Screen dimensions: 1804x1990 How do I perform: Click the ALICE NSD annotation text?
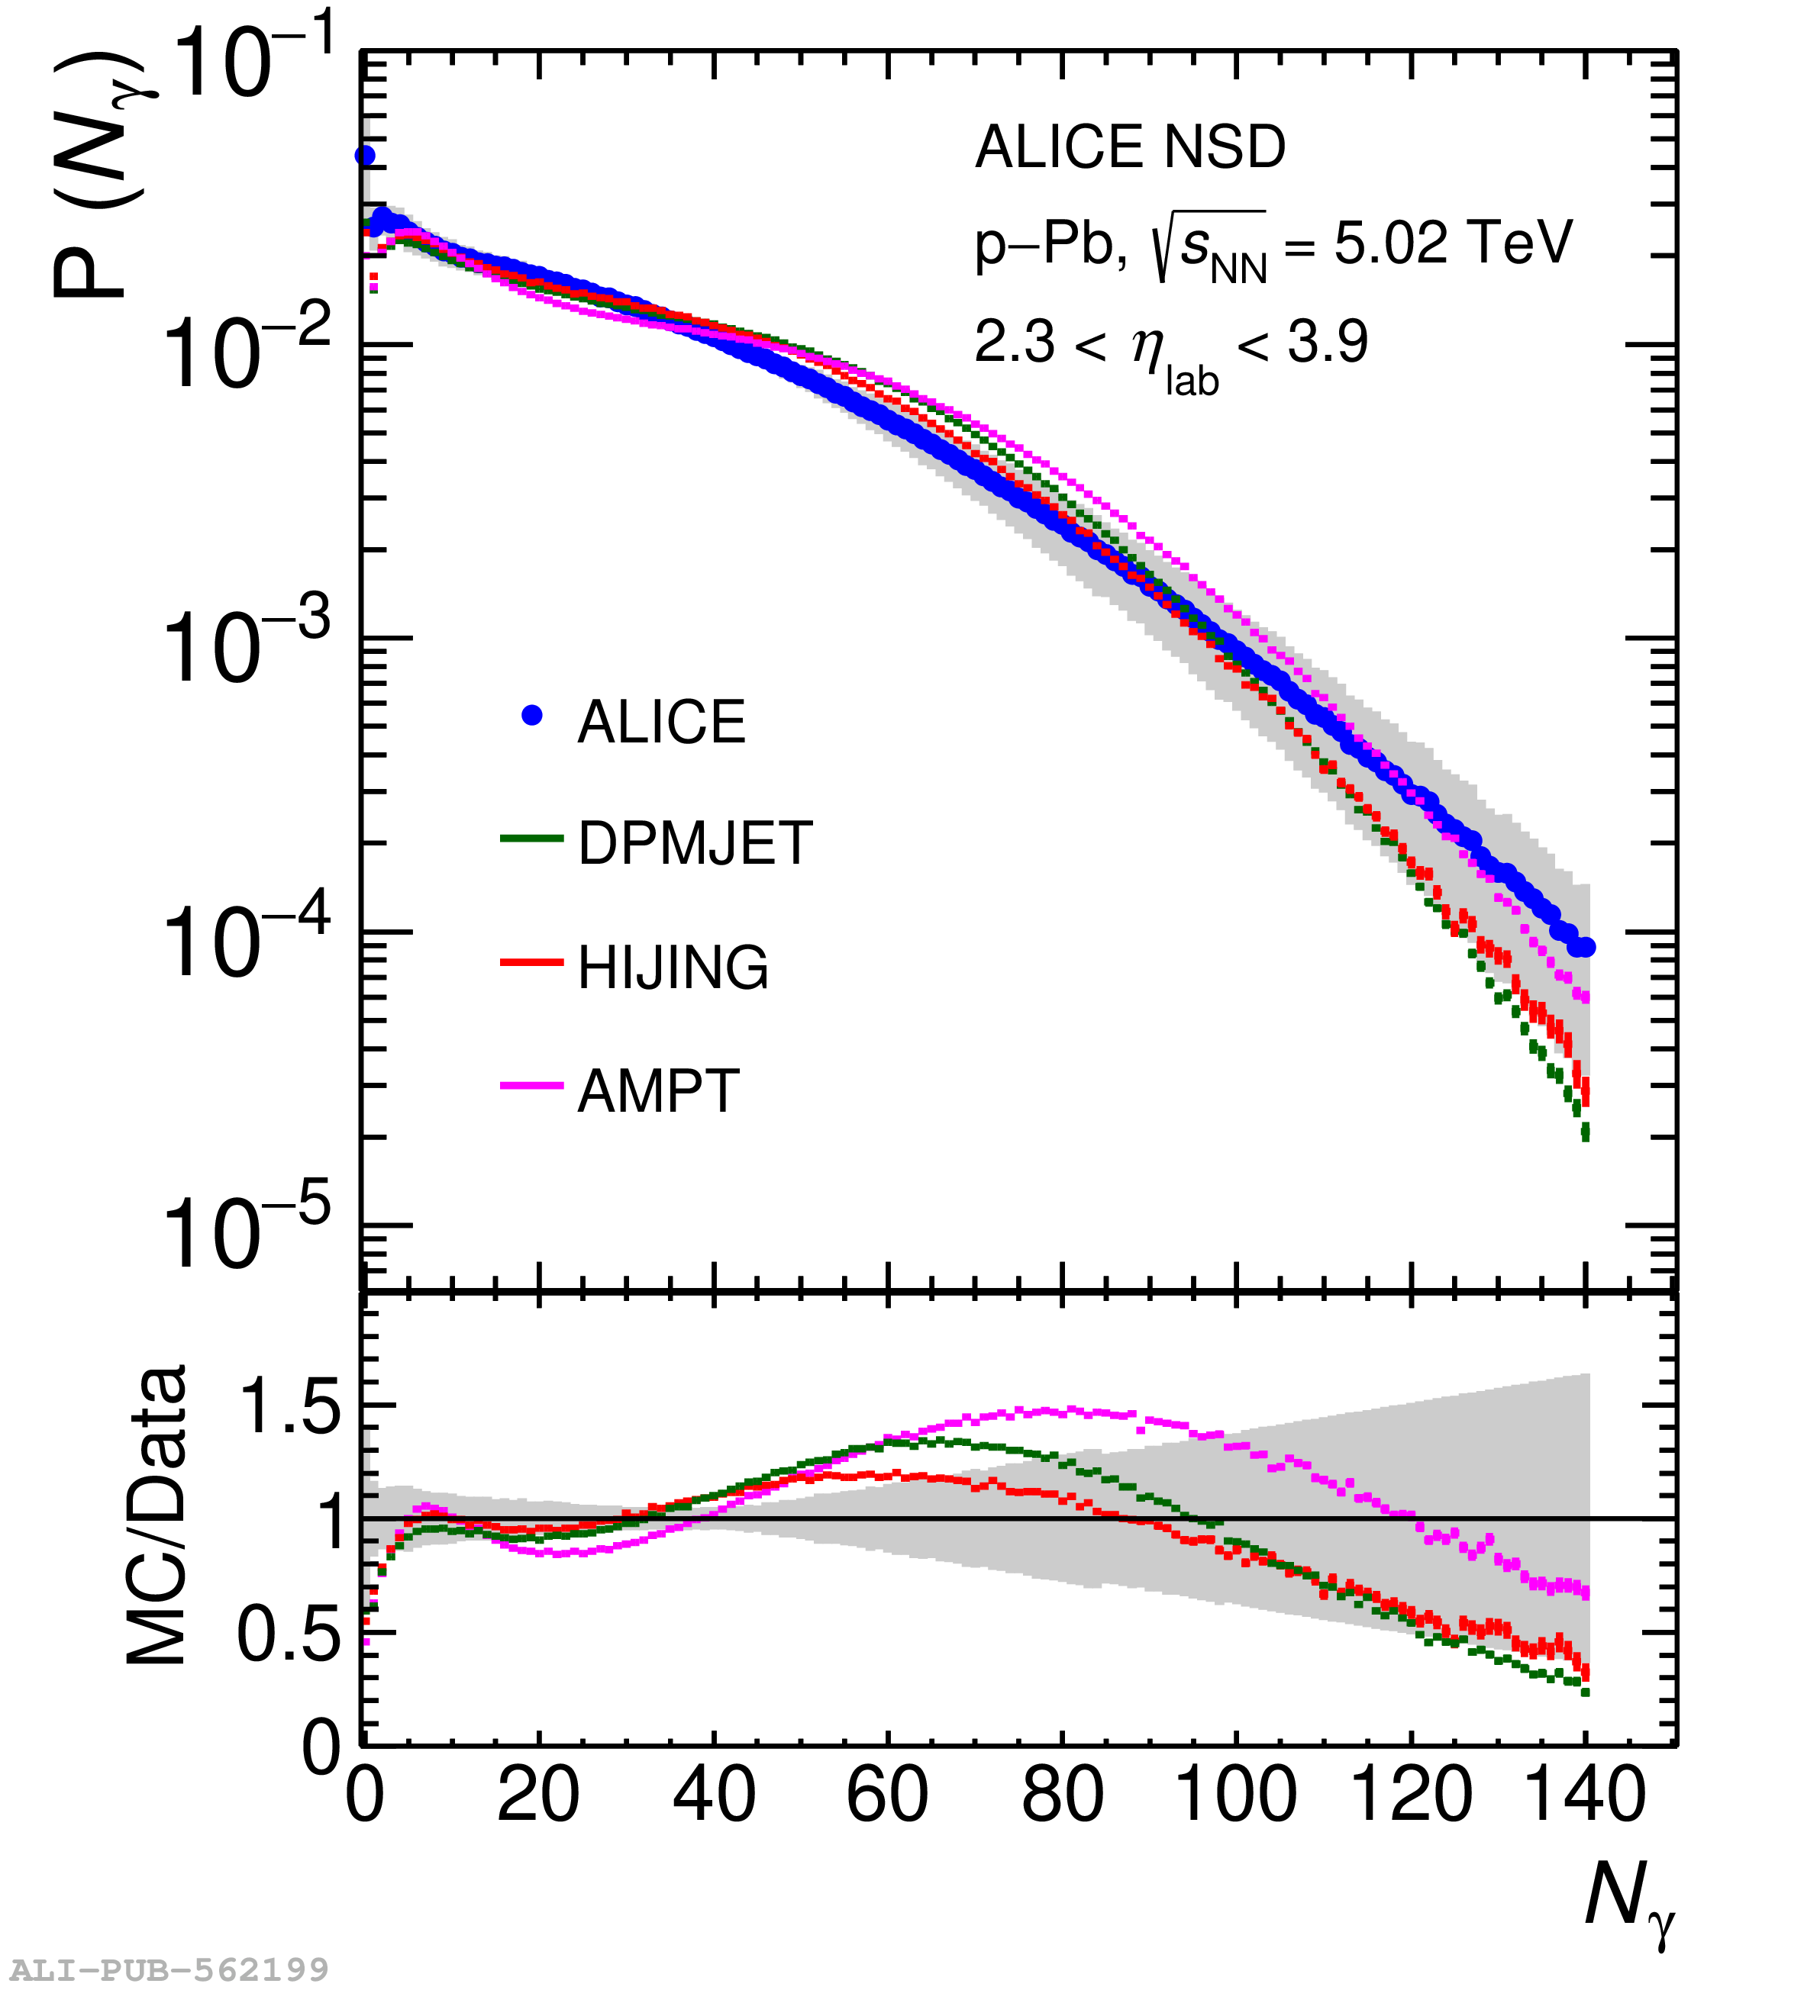click(1130, 148)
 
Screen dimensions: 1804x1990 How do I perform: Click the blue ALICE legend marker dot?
click(532, 716)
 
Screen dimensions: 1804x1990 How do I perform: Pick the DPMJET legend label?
click(695, 843)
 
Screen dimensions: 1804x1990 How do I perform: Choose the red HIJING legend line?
click(531, 961)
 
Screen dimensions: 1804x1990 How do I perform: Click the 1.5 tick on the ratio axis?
click(289, 1406)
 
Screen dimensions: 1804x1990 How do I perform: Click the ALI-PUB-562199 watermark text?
click(169, 1969)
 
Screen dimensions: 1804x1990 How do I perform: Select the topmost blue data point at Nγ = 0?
click(364, 155)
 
